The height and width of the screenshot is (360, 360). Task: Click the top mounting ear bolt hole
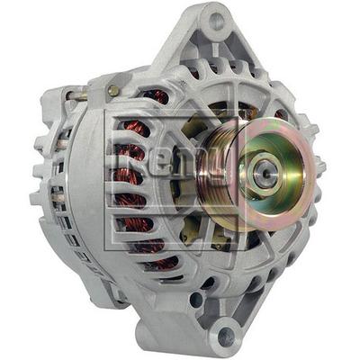[x=217, y=19]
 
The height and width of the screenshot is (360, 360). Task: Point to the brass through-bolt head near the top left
[x=113, y=90]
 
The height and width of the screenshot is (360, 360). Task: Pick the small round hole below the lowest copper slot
[x=196, y=299]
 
